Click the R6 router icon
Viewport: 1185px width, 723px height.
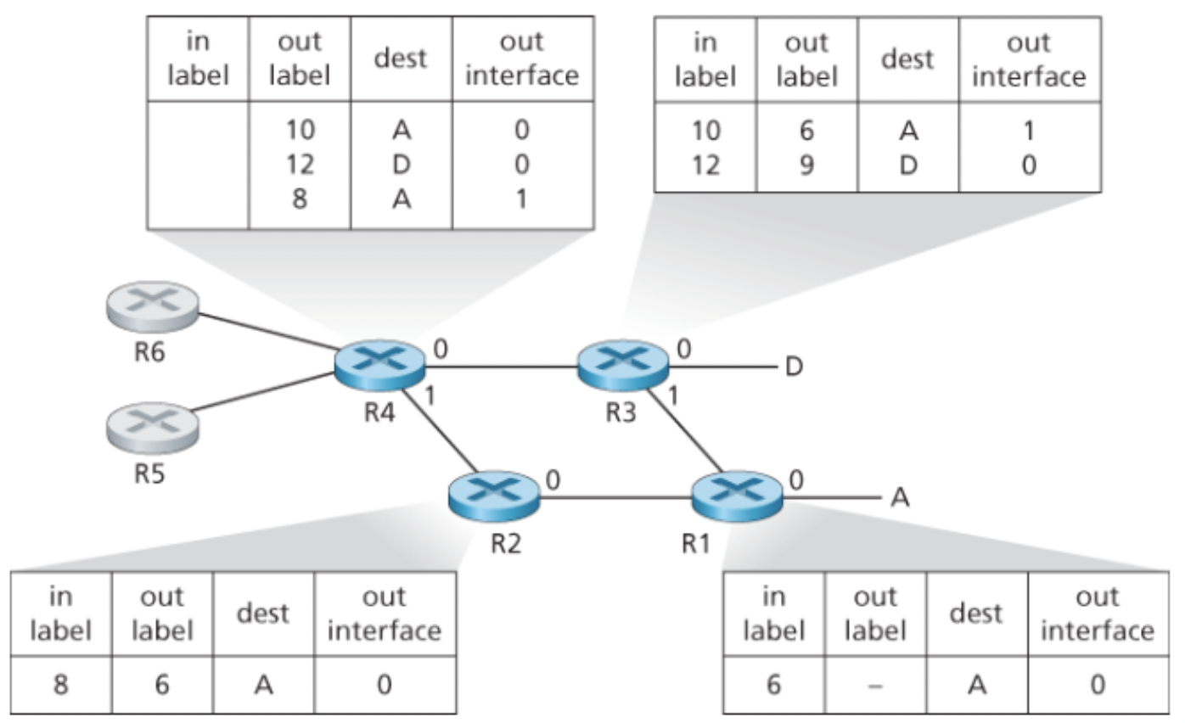(153, 306)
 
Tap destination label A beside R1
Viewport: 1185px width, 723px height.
(900, 498)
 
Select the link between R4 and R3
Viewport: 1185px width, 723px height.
(501, 367)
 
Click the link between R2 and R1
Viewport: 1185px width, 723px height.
(615, 497)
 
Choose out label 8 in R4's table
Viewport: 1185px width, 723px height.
(300, 198)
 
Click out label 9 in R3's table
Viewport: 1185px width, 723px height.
(806, 164)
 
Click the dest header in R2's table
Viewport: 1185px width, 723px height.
(263, 614)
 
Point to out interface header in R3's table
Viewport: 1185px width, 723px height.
(1029, 60)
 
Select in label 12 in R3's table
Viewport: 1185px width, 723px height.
(705, 164)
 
